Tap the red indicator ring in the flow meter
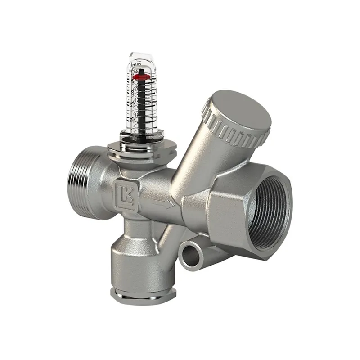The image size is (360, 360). (x=141, y=78)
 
